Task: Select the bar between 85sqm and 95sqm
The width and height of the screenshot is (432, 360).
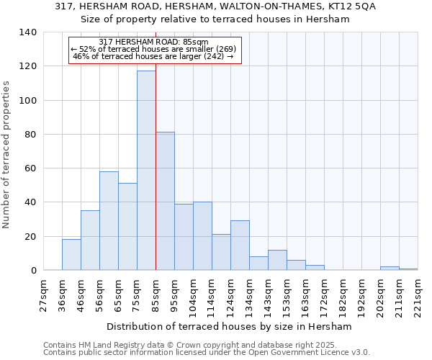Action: (x=165, y=201)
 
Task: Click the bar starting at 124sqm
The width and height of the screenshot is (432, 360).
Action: (x=240, y=246)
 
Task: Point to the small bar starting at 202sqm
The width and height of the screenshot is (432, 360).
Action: (x=390, y=269)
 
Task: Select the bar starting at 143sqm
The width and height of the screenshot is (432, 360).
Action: (x=277, y=260)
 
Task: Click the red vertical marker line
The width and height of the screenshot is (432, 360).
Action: (x=156, y=180)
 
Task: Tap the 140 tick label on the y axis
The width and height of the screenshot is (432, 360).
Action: (x=28, y=32)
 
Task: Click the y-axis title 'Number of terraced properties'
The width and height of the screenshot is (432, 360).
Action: (x=6, y=155)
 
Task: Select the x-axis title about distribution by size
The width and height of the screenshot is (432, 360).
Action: (x=234, y=327)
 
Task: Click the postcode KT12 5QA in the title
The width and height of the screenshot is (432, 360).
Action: (x=354, y=6)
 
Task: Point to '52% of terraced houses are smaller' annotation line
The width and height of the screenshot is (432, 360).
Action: (x=154, y=49)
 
